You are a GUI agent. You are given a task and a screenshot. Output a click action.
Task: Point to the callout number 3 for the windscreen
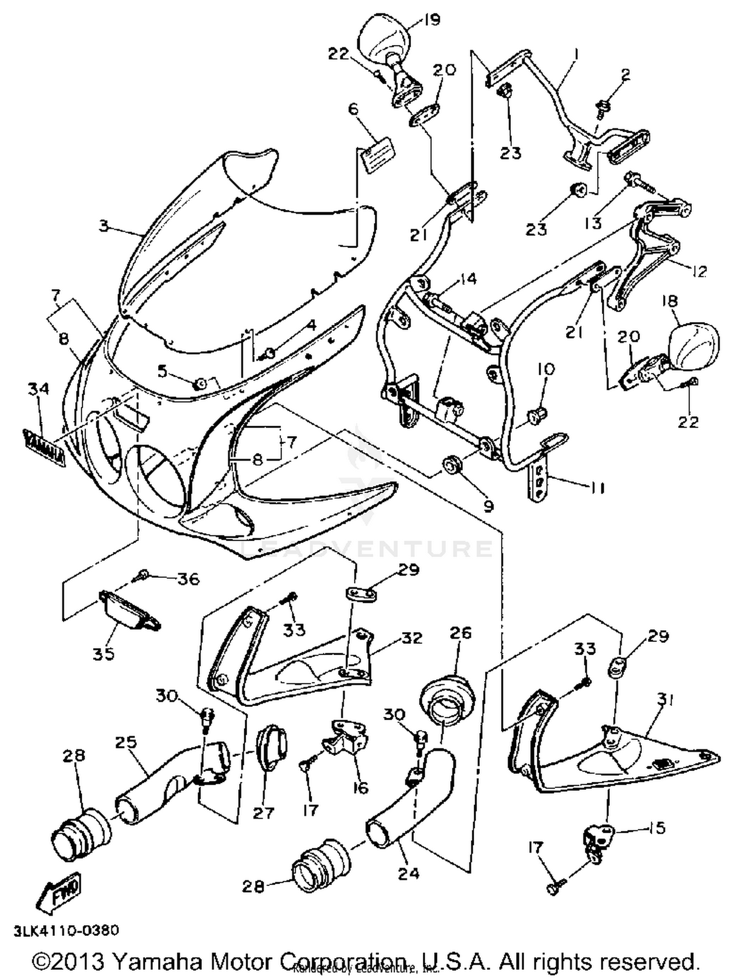click(x=103, y=226)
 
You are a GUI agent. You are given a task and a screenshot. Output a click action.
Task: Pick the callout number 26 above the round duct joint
click(x=459, y=633)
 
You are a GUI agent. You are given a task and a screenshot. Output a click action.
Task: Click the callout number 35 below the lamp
click(x=104, y=653)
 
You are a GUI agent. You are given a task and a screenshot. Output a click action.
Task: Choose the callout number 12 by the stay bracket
click(x=699, y=271)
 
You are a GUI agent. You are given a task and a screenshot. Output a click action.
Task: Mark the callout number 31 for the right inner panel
click(x=665, y=701)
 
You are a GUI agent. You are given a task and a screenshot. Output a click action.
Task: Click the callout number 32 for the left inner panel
click(x=412, y=638)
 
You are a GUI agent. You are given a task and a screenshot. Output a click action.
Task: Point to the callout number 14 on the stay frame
click(x=467, y=279)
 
